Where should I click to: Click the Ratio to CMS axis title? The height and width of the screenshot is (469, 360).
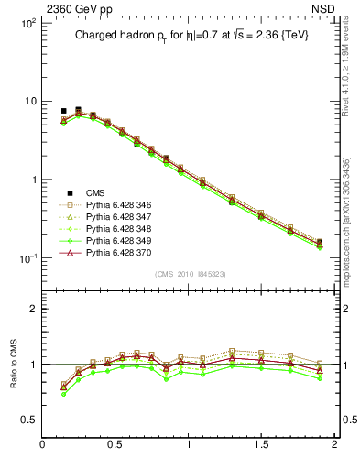(x=14, y=364)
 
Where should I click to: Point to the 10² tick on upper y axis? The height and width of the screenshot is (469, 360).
(x=27, y=22)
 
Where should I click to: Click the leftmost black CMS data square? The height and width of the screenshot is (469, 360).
(x=63, y=111)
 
